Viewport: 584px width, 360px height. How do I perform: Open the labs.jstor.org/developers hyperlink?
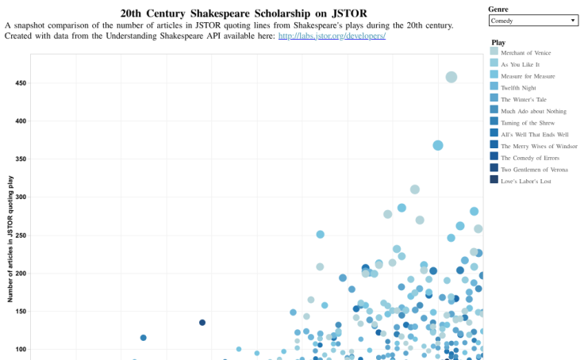tap(332, 36)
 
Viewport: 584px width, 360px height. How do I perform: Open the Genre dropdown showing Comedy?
tap(533, 20)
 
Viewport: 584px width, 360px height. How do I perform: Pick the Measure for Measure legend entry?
tap(527, 75)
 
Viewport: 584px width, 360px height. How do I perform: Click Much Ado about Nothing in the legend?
tap(531, 111)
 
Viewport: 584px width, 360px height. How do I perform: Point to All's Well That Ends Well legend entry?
tap(535, 135)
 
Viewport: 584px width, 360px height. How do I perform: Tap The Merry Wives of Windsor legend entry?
tap(538, 146)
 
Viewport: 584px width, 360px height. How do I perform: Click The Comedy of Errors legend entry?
tap(530, 158)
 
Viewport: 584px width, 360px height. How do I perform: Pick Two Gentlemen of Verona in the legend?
tap(533, 170)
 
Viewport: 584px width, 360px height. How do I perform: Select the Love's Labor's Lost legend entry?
tap(525, 182)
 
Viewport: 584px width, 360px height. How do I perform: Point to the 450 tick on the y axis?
tap(20, 83)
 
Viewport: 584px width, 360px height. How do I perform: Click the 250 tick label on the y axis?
tap(20, 236)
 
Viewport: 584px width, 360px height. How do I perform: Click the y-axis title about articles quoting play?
tap(10, 239)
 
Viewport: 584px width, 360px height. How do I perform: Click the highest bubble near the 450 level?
tap(451, 77)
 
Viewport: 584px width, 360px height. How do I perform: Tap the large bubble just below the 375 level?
tap(438, 145)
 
